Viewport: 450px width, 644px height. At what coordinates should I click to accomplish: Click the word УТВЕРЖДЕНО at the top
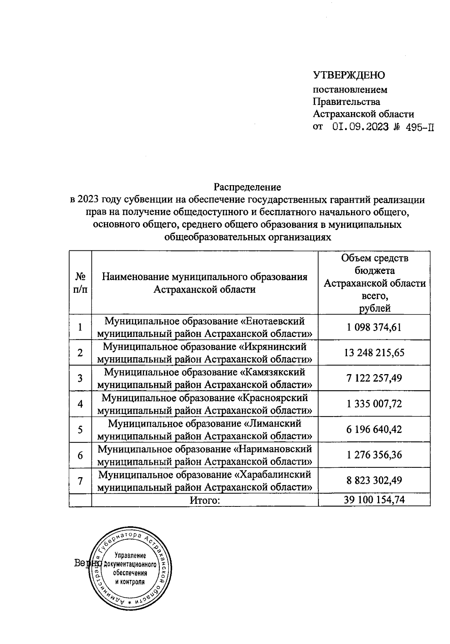[349, 75]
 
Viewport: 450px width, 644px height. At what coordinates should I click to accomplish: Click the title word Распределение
[247, 186]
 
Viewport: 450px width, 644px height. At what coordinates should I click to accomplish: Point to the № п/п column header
[80, 283]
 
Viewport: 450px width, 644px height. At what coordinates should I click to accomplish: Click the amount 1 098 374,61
[374, 327]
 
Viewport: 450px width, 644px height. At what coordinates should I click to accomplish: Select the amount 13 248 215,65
[374, 353]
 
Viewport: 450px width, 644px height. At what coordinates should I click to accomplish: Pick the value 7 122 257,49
[374, 378]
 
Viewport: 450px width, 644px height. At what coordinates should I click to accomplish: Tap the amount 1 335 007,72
[374, 404]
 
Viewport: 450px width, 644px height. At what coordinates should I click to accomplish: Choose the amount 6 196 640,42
[374, 429]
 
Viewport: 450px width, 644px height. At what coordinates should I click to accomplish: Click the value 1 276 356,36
[374, 455]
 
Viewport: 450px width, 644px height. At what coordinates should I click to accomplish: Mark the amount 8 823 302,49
[374, 480]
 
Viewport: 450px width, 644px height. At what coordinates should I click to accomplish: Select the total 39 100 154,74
[374, 500]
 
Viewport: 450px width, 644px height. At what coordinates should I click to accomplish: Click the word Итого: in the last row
[204, 500]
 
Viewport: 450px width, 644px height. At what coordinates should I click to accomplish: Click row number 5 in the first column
[80, 430]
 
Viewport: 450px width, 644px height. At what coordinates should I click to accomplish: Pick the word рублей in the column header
[375, 308]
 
